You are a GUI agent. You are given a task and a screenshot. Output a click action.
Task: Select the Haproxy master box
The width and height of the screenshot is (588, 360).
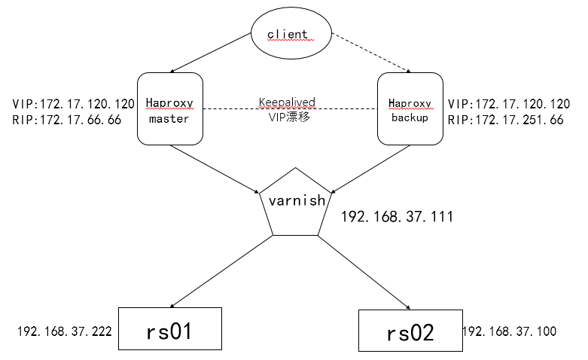pyautogui.click(x=171, y=108)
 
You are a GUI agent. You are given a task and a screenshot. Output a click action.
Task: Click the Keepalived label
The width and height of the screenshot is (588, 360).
pyautogui.click(x=287, y=102)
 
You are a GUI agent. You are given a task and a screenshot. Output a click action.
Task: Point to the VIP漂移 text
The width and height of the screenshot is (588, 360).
pyautogui.click(x=287, y=118)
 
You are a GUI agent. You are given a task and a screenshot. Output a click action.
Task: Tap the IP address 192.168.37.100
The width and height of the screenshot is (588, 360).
pyautogui.click(x=509, y=331)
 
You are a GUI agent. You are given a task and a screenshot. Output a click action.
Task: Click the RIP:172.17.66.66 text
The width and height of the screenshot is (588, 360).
pyautogui.click(x=67, y=120)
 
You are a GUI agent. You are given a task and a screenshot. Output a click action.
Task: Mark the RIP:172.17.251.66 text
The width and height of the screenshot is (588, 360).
pyautogui.click(x=505, y=120)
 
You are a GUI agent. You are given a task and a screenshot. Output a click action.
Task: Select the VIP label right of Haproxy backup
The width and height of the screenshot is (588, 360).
pyautogui.click(x=508, y=103)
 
